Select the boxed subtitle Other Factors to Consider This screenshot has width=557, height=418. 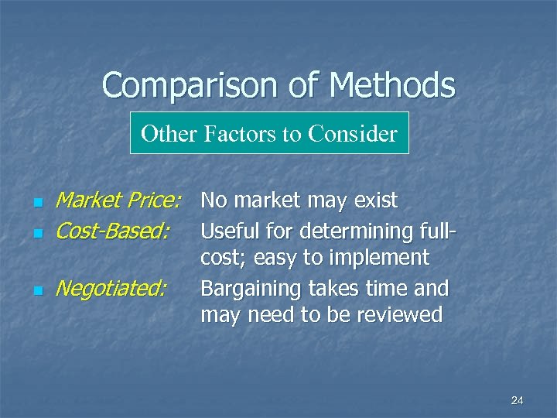click(268, 134)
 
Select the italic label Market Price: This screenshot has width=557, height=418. click(118, 201)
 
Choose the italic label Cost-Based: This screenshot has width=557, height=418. click(113, 231)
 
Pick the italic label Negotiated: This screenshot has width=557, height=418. click(111, 289)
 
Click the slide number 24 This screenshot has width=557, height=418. click(518, 400)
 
